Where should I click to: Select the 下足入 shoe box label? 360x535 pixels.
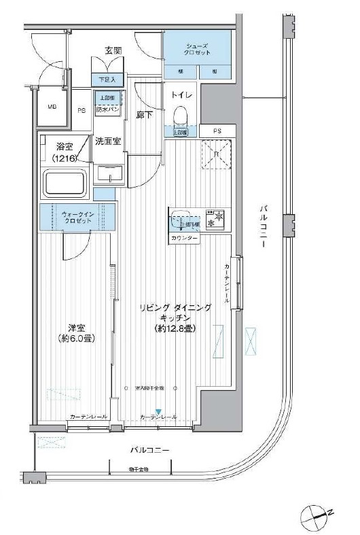coord(109,80)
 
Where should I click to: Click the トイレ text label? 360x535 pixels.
coord(181,96)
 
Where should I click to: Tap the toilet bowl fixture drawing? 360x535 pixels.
coord(180,116)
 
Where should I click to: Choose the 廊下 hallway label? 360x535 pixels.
coord(144,116)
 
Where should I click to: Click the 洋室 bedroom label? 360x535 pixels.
coord(75,325)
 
